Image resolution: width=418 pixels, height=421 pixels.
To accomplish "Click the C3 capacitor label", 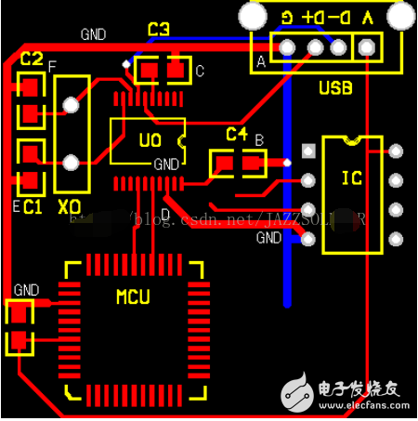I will pos(159,31).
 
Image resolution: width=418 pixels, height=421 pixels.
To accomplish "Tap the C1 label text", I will pos(33,205).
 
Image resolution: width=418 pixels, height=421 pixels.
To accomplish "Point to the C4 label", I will pos(237,135).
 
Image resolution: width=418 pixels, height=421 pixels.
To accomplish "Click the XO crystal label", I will pos(70,205).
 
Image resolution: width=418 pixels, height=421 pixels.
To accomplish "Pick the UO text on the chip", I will pos(150,141).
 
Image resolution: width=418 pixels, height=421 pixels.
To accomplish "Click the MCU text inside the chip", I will pos(133,297).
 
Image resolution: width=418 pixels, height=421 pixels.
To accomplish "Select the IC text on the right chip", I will pos(351,178).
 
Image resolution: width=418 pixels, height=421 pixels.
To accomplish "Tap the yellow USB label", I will pos(335,88).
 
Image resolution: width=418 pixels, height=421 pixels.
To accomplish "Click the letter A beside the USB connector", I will pos(260,62).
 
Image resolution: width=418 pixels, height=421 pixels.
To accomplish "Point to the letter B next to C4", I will pos(259,139).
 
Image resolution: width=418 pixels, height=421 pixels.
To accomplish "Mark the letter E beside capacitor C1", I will pos(16,206).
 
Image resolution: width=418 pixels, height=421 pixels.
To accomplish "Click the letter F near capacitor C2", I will pos(51,66).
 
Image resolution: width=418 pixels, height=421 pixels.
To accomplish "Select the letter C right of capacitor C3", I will pos(200,71).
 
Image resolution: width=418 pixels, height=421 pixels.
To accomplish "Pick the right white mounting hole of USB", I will pos(401,17).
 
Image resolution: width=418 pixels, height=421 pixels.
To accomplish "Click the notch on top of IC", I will pos(351,140).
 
